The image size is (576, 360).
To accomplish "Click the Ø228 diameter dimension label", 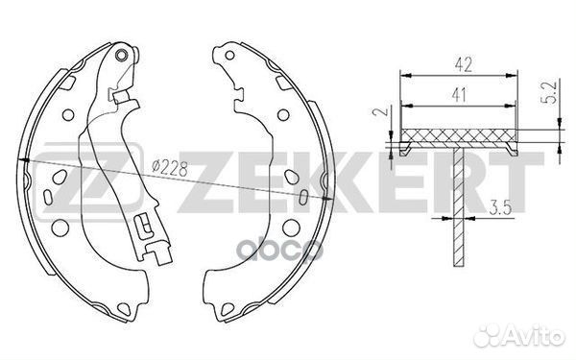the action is click(x=170, y=168).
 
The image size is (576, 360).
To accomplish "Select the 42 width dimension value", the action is click(x=463, y=64).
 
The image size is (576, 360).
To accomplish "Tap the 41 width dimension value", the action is click(x=459, y=95).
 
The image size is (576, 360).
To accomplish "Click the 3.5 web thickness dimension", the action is click(x=500, y=208).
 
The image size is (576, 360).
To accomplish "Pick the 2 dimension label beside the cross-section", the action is click(x=380, y=111).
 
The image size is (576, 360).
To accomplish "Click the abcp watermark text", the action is click(x=279, y=250).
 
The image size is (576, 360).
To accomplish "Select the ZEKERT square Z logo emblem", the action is click(x=88, y=180).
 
